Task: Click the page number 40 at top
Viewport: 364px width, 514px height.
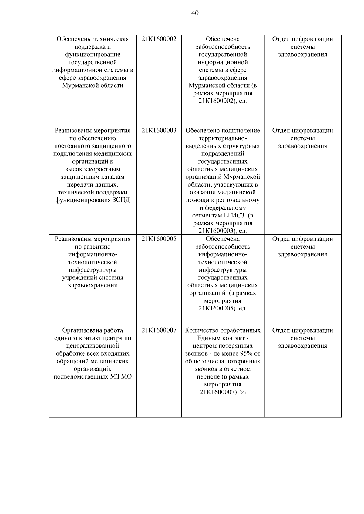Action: [195, 13]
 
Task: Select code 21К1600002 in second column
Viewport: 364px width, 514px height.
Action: [159, 39]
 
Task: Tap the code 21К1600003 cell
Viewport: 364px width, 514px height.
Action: [159, 131]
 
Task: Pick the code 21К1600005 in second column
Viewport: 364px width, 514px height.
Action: [159, 239]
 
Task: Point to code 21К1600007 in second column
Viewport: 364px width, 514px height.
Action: [159, 330]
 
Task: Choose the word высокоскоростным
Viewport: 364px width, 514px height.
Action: [93, 169]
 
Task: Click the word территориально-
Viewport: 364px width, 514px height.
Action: [223, 138]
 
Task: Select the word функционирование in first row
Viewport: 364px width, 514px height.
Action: [93, 55]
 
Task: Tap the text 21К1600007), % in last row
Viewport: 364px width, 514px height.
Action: [223, 393]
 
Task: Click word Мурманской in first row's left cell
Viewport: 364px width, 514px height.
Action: [77, 86]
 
